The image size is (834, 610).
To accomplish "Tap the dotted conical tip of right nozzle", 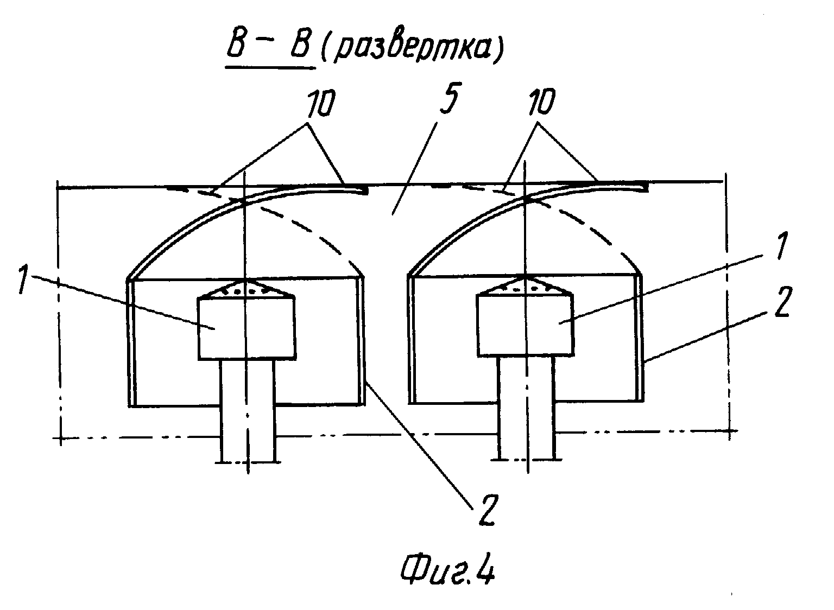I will click(x=525, y=286).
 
